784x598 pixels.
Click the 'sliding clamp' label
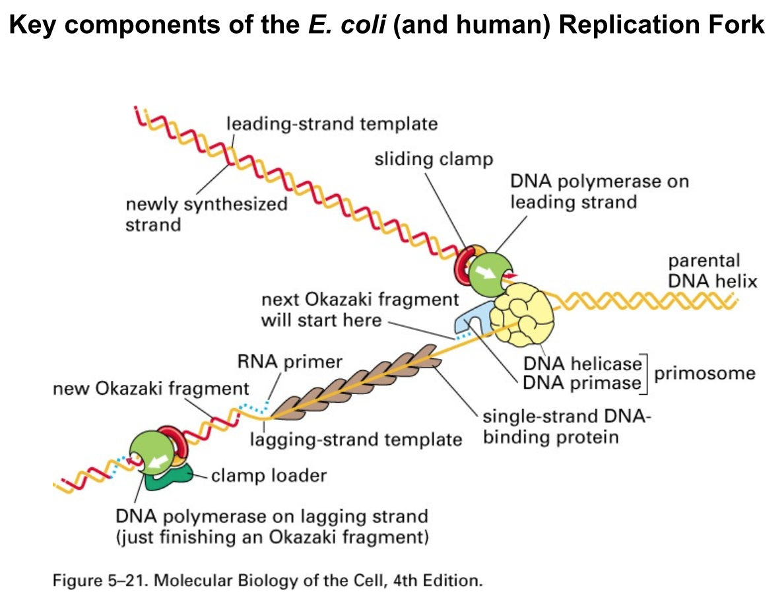tap(434, 160)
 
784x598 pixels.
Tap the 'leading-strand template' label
tap(331, 123)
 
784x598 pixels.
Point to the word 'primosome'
tap(704, 373)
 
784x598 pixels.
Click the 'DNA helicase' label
tap(582, 364)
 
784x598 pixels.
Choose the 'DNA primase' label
tap(582, 383)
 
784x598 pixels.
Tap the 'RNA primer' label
tap(290, 362)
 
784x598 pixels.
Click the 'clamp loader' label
tap(269, 475)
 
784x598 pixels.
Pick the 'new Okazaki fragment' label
tap(151, 389)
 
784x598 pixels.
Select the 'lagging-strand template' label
tap(356, 439)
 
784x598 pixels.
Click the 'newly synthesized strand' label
tap(207, 214)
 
